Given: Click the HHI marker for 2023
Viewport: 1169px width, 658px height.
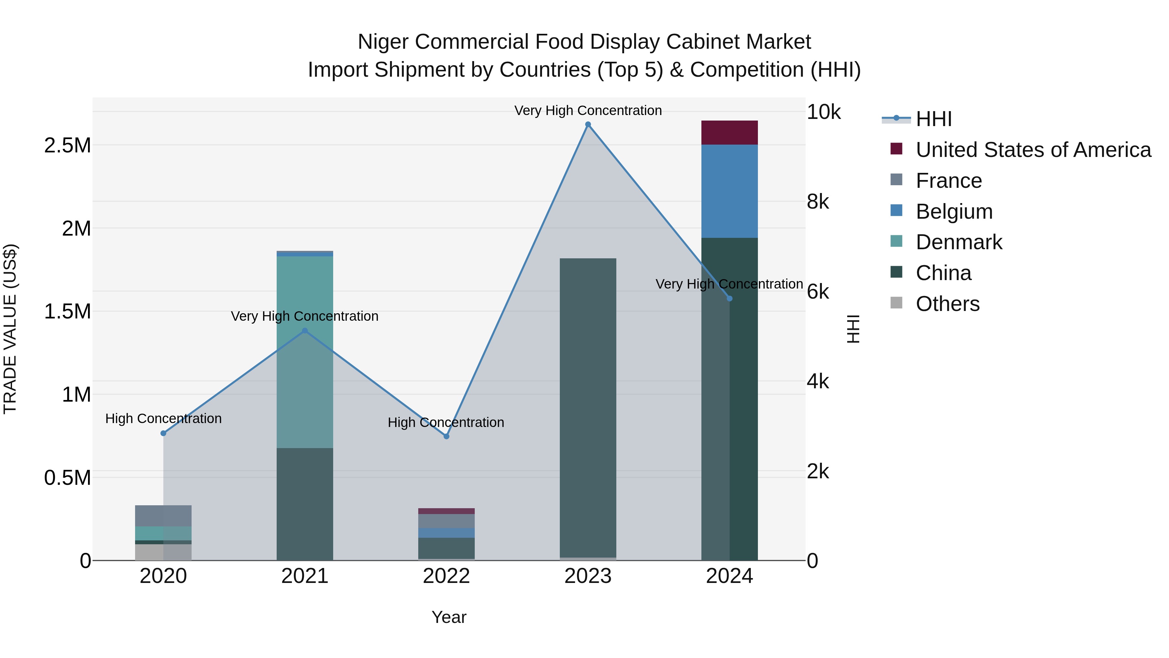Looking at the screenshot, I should pos(588,124).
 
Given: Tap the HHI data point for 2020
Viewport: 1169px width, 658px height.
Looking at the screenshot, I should pos(163,433).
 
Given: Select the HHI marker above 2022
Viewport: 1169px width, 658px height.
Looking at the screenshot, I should pos(446,436).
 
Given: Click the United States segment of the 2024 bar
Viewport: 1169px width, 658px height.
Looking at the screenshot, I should pos(729,133).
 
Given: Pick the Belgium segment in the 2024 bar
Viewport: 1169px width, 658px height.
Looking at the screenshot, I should pos(729,191).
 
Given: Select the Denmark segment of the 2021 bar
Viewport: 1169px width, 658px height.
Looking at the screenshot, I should pos(305,352).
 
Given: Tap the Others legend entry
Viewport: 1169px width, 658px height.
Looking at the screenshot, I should pos(947,304).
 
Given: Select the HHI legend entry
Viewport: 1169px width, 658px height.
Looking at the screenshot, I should pos(933,119).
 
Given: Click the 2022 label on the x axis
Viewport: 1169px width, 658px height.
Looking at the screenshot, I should pos(446,576).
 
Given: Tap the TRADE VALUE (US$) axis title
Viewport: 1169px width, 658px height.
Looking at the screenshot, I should pos(10,329).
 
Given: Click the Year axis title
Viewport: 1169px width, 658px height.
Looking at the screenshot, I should pos(449,617).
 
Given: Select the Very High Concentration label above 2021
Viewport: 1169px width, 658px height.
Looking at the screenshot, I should pos(305,316).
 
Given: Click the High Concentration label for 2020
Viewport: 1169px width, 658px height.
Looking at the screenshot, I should pos(163,418).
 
